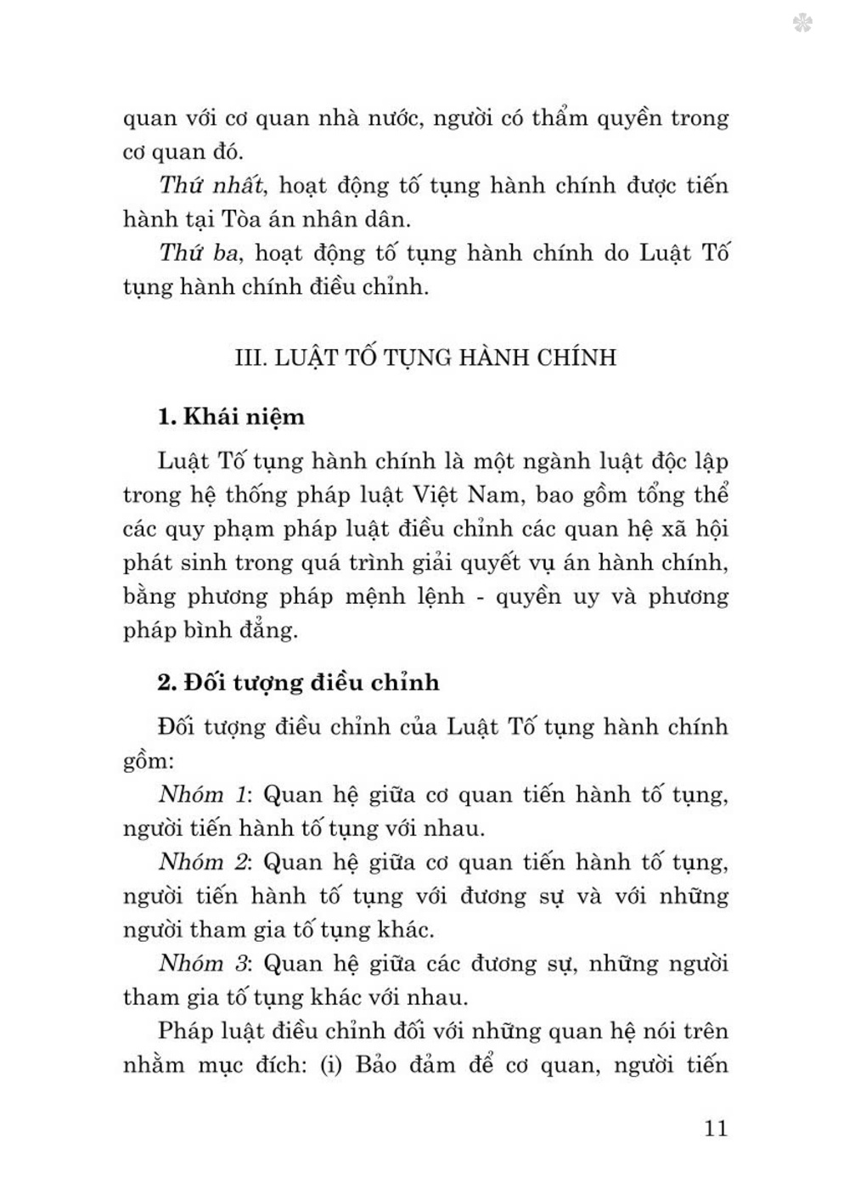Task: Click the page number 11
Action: (x=716, y=1128)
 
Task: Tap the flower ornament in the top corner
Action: (x=801, y=22)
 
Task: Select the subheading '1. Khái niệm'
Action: (x=230, y=417)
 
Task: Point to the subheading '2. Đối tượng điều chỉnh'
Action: (x=298, y=682)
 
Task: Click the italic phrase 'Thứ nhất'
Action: (x=213, y=185)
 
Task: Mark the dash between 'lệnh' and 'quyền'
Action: (x=481, y=597)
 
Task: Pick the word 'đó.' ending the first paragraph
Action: (x=223, y=152)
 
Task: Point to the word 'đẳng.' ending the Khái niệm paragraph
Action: (x=261, y=630)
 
